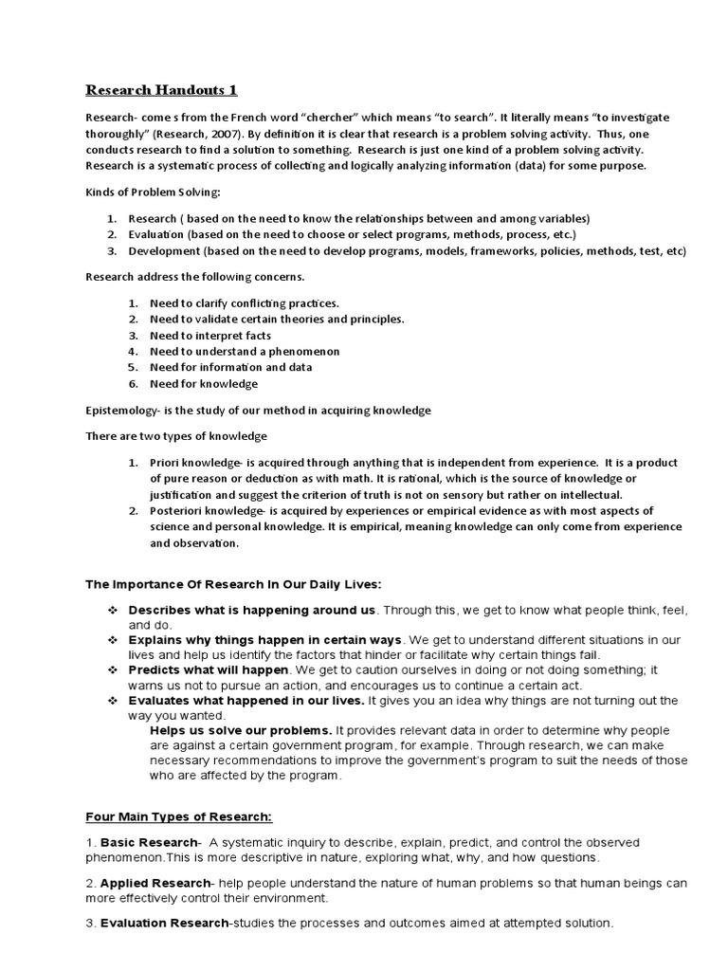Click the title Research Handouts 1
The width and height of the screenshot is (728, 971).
pyautogui.click(x=161, y=91)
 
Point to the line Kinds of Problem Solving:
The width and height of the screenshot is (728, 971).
pyautogui.click(x=153, y=192)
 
